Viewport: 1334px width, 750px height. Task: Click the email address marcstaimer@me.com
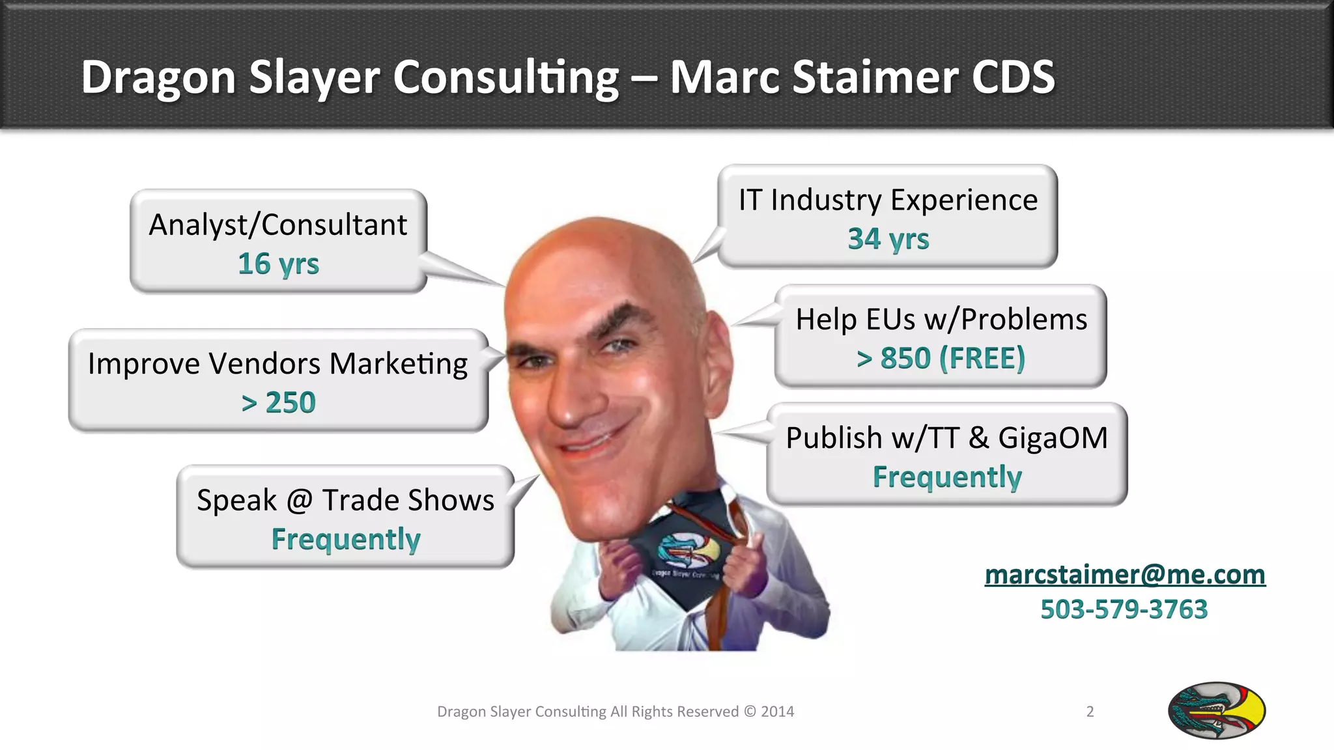pos(1125,575)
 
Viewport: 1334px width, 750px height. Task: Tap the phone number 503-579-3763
pos(1124,609)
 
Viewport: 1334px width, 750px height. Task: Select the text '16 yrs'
pos(278,264)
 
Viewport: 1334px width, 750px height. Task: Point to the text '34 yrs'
pos(888,239)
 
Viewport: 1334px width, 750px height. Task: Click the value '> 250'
pos(278,402)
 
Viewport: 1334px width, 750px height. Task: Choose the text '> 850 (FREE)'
pos(941,358)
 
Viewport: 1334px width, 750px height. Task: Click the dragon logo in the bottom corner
pos(1216,710)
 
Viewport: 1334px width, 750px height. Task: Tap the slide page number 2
pos(1090,712)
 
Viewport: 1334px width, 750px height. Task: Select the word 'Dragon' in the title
pos(158,77)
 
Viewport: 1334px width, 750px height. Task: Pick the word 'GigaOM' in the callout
pos(1053,437)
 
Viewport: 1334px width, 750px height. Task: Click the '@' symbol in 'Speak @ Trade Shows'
pos(300,501)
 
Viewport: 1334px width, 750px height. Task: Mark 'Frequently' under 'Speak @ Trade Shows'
pos(345,539)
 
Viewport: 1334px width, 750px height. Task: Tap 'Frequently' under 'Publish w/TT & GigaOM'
pos(946,477)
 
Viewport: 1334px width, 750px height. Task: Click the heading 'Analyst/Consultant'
pos(278,225)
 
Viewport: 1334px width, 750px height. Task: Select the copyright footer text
pos(615,712)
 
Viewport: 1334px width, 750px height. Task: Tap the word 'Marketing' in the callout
pos(398,364)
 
